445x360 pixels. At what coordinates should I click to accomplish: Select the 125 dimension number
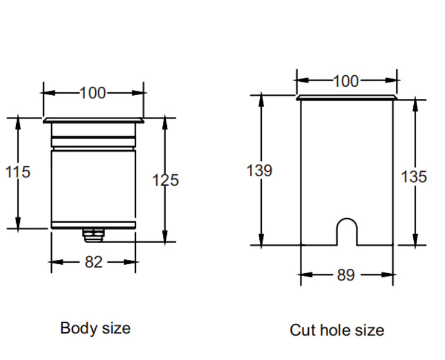(x=166, y=180)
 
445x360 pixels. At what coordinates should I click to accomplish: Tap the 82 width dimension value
(x=93, y=262)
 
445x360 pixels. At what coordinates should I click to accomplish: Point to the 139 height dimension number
(x=259, y=170)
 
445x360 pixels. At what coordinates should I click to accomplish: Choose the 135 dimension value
(x=414, y=177)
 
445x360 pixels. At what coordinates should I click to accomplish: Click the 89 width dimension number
(x=345, y=275)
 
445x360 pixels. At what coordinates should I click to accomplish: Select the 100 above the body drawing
(x=92, y=93)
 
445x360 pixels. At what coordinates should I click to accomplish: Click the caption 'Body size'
(x=95, y=328)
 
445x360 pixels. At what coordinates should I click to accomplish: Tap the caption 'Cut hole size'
(x=337, y=330)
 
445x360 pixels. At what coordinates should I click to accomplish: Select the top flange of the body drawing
(x=93, y=120)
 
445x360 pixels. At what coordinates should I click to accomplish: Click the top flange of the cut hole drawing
(x=347, y=97)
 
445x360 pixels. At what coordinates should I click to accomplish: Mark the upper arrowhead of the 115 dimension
(x=18, y=124)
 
